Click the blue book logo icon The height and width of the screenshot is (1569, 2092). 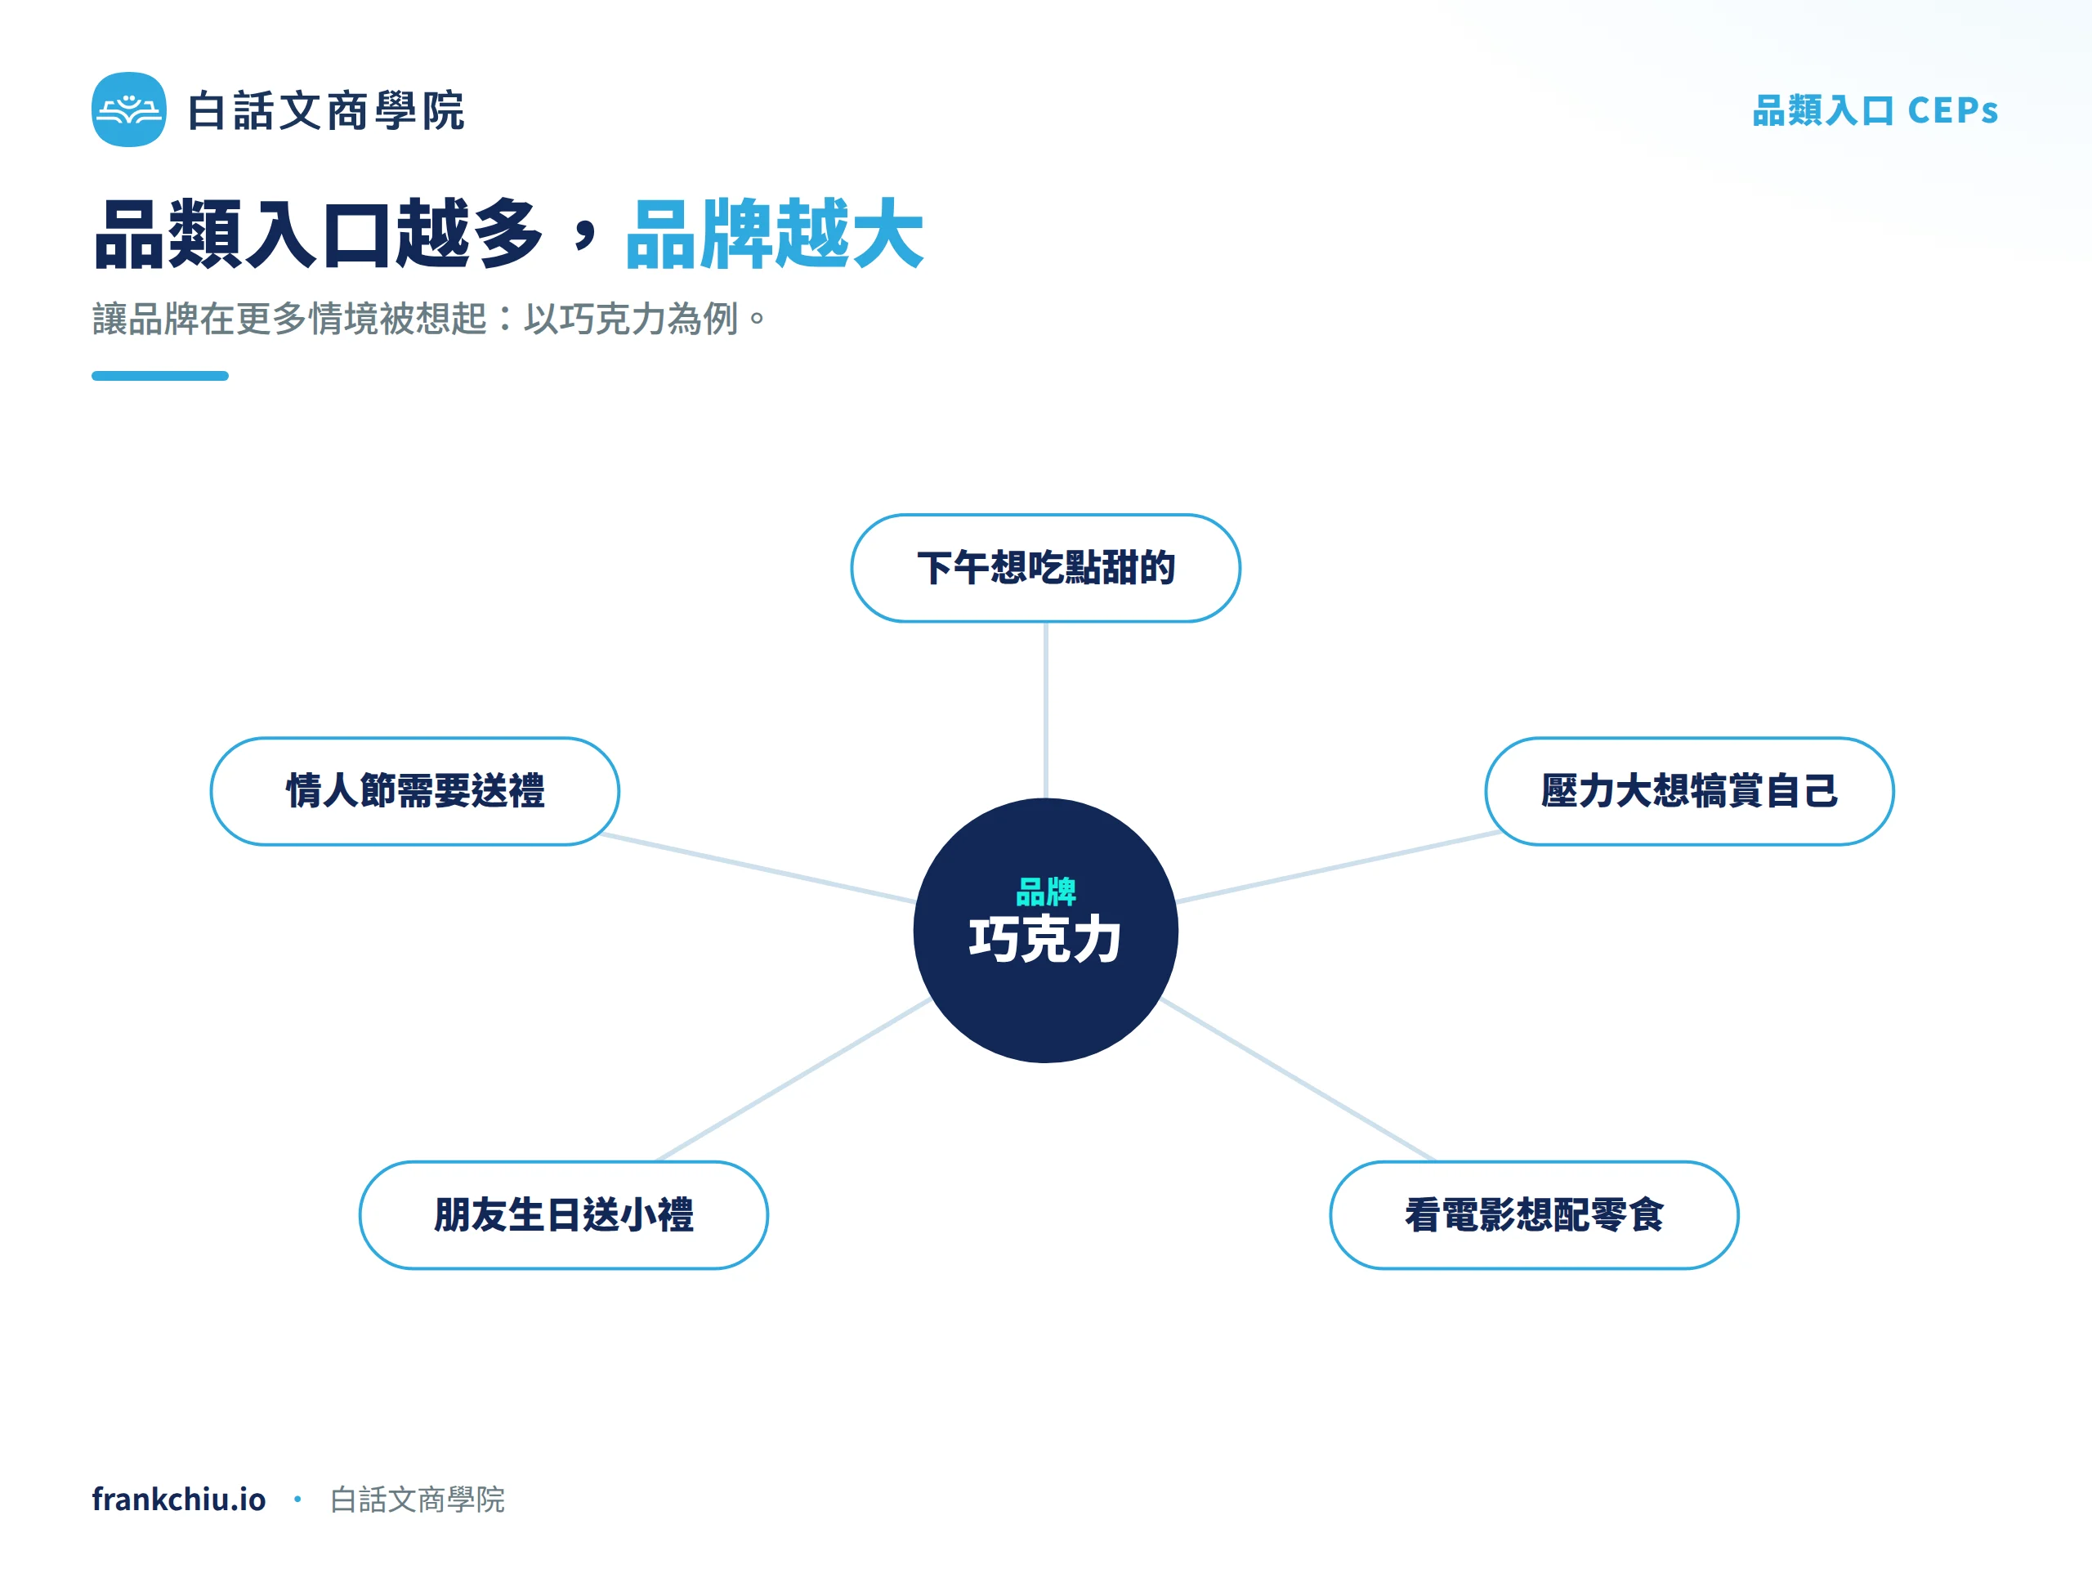click(x=128, y=110)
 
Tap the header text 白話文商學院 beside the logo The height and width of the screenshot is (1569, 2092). click(x=326, y=110)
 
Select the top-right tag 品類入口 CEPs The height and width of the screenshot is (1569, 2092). click(x=1875, y=110)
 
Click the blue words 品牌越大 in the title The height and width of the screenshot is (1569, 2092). click(x=774, y=235)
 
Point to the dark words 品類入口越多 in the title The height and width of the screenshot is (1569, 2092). click(x=319, y=235)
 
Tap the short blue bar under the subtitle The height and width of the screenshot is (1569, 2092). click(x=160, y=375)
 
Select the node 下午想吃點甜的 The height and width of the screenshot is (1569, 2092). click(x=1045, y=567)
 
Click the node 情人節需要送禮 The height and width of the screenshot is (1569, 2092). click(x=415, y=791)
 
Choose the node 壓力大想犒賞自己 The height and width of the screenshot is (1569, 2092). click(x=1689, y=791)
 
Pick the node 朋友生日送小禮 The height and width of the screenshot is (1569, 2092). click(x=564, y=1214)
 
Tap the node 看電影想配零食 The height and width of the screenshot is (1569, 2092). click(x=1534, y=1214)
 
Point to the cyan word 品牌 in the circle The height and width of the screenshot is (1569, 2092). click(x=1045, y=891)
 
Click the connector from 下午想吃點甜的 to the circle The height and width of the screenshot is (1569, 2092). click(x=1045, y=710)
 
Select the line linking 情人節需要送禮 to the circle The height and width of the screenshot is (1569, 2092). click(x=758, y=867)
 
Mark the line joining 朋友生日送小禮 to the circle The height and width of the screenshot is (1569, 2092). click(x=793, y=1080)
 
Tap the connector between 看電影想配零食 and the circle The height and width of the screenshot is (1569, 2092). click(x=1298, y=1080)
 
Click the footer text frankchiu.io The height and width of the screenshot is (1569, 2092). click(x=179, y=1499)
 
